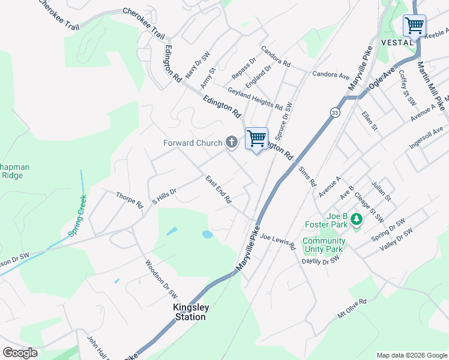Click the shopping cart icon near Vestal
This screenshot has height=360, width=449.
414,26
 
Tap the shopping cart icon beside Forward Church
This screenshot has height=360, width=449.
256,139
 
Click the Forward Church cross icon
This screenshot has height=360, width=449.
232,143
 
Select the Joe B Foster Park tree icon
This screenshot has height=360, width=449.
357,220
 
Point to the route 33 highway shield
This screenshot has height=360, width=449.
333,112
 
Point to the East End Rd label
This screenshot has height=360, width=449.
218,190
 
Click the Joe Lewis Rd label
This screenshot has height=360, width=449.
278,242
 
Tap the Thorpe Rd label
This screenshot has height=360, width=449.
130,200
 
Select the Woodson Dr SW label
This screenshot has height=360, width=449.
161,279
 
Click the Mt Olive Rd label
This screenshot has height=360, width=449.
351,309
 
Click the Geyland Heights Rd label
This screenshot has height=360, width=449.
255,98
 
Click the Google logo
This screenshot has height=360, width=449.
20,353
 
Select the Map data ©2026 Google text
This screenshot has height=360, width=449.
411,355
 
